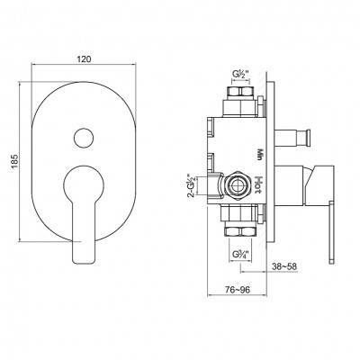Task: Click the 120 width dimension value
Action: [84, 59]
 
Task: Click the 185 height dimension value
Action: [15, 161]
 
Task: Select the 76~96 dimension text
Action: [238, 290]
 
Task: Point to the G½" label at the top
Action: [241, 74]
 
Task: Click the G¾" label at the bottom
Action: [240, 255]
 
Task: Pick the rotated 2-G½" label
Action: [191, 185]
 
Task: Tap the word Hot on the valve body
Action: [258, 185]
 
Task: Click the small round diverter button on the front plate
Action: [83, 138]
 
